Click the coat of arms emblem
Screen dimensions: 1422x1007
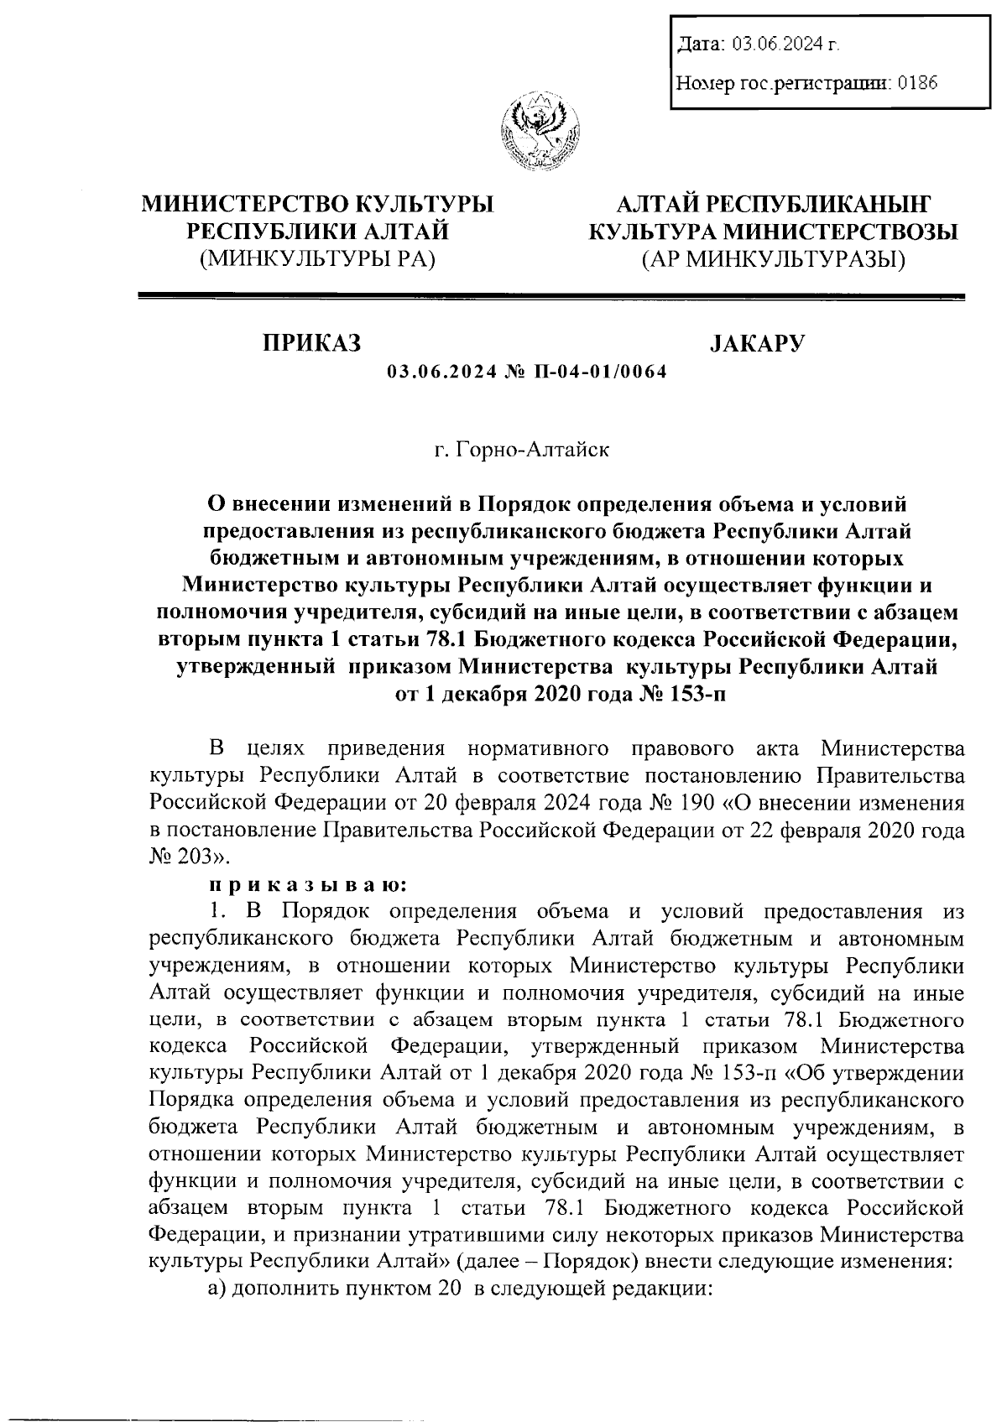540,134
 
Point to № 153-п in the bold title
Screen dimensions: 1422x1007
677,693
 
